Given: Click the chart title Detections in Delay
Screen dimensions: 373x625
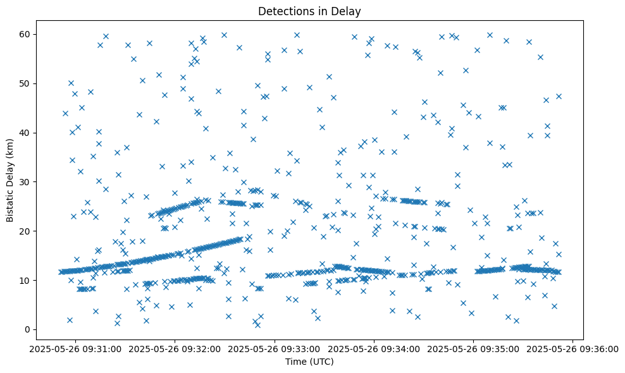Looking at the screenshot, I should (309, 11).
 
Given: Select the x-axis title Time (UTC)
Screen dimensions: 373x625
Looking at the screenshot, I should (309, 362).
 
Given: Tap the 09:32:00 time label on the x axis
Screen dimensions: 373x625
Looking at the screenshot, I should (176, 348).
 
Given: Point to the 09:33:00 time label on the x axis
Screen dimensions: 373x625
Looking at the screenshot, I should (276, 348).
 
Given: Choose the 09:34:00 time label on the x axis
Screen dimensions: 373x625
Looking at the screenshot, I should (374, 348).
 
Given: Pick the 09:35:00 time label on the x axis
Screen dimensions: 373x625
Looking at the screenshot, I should (474, 348).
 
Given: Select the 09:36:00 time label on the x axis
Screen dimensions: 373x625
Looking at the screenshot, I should (573, 348).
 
